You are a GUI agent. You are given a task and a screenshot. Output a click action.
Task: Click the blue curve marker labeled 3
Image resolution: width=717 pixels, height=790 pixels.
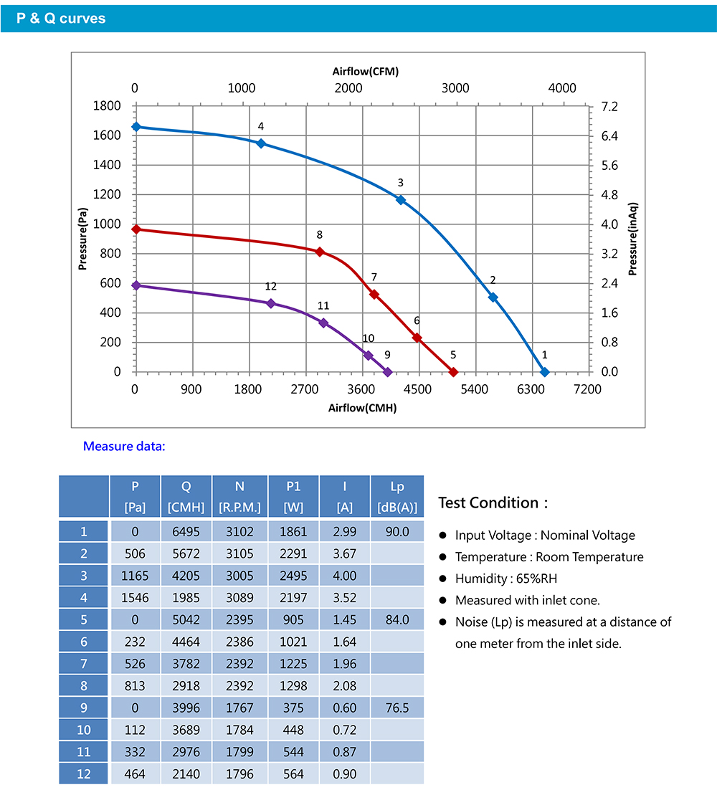(400, 199)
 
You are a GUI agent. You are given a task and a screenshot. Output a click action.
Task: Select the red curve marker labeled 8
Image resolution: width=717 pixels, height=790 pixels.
(320, 252)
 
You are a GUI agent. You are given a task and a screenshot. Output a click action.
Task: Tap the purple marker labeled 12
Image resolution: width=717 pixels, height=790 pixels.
(270, 303)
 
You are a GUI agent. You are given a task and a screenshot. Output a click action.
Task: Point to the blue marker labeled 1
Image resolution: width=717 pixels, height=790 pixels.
(544, 372)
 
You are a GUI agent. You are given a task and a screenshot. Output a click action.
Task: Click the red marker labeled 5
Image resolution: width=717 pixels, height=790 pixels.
(453, 372)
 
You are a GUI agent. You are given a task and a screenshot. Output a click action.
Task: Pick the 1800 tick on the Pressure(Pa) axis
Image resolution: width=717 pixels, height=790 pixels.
(107, 106)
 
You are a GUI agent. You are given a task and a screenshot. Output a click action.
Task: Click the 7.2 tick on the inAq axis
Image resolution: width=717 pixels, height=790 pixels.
(609, 106)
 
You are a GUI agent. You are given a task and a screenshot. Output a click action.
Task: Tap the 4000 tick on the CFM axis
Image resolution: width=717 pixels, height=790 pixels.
(562, 88)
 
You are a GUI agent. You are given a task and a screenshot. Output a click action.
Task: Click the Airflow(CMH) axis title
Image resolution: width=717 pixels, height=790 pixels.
(362, 408)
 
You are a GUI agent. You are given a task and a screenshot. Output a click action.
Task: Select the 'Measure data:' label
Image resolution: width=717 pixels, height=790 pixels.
(124, 447)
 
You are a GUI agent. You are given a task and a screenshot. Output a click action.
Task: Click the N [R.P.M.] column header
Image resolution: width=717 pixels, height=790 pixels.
(240, 497)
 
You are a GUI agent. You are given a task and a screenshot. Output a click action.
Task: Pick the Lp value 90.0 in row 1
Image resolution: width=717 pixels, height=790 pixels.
(397, 532)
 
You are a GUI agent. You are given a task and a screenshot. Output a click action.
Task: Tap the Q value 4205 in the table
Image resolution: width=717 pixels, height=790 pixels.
(186, 576)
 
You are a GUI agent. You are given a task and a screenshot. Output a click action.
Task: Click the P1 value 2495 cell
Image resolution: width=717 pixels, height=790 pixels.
(293, 576)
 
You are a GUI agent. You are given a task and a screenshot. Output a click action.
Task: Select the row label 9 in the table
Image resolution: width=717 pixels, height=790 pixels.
(83, 708)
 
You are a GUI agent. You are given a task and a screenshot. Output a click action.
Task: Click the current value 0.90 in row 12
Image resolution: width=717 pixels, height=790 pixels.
(345, 774)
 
